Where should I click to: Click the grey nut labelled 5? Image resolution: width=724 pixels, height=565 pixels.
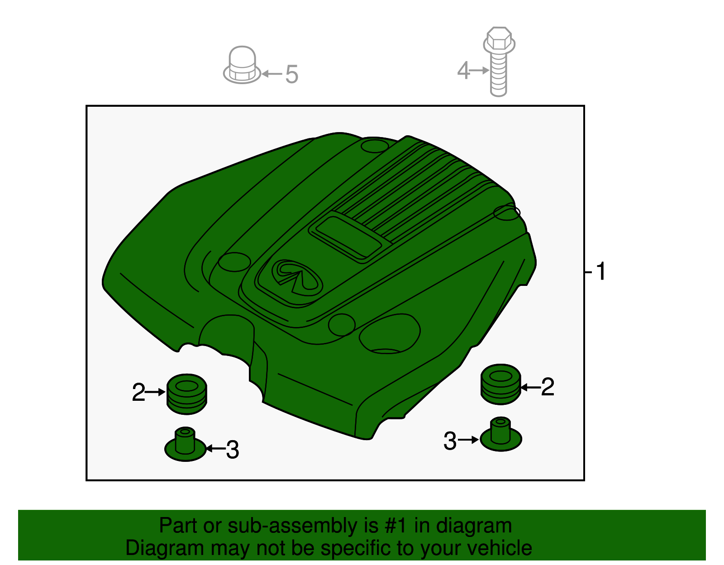(x=242, y=65)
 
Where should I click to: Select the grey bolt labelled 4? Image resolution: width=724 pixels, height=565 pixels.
(x=499, y=62)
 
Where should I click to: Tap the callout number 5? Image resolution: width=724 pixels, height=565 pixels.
(x=291, y=74)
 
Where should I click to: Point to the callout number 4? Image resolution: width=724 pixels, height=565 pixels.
(x=463, y=70)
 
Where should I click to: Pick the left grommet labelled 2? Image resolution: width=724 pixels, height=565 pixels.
(x=186, y=394)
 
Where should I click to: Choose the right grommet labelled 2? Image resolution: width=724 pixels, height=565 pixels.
(x=500, y=385)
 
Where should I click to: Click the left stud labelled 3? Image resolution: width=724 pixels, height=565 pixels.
(x=185, y=444)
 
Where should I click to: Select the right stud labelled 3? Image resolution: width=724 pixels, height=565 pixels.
(x=501, y=434)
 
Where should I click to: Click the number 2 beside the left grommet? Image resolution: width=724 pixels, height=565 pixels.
(x=138, y=392)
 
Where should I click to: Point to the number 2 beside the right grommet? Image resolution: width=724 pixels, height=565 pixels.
(x=548, y=387)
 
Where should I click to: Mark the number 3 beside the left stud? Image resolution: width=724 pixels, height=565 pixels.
(x=233, y=450)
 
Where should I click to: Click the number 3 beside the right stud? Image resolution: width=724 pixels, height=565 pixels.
(x=450, y=441)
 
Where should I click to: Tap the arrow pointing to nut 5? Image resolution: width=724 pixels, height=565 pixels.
(x=272, y=74)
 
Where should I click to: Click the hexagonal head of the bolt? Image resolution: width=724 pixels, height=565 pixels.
(x=499, y=38)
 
